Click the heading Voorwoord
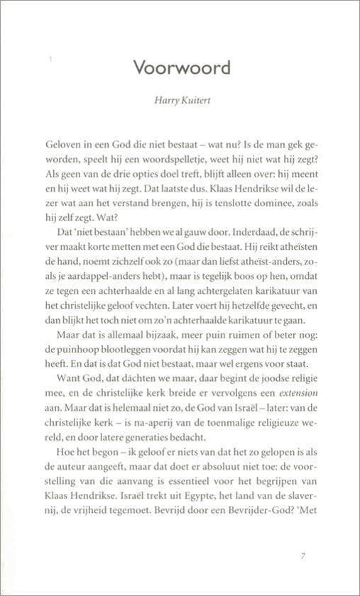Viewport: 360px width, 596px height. click(182, 68)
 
